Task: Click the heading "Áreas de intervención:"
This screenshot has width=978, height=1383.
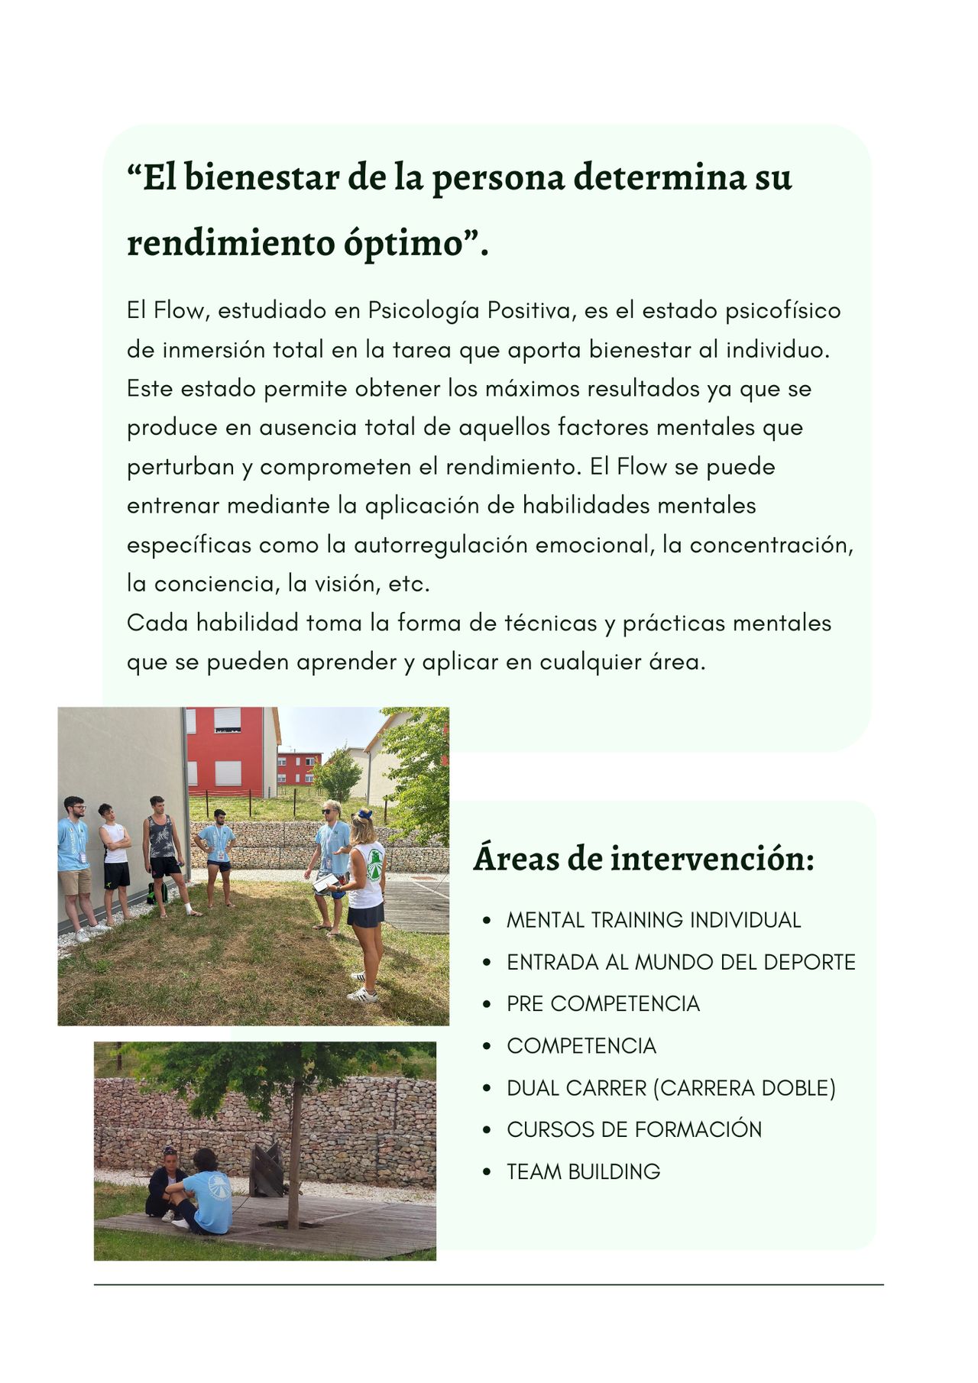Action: tap(643, 859)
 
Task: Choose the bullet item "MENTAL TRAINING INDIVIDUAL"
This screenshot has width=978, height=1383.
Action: tap(653, 920)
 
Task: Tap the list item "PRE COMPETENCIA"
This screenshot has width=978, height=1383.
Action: tap(603, 1003)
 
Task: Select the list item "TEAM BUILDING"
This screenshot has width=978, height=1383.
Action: tap(583, 1171)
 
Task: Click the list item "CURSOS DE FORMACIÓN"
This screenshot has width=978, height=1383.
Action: tap(634, 1129)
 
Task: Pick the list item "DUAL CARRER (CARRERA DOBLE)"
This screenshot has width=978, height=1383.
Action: tap(671, 1087)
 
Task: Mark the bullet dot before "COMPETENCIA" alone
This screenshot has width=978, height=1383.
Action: tap(487, 1046)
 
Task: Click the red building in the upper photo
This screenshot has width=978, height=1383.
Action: tap(229, 753)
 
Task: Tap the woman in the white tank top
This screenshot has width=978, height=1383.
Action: tap(368, 894)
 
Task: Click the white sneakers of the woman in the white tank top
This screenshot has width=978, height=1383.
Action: tap(364, 993)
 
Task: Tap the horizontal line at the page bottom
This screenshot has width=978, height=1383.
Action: tap(489, 1284)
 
